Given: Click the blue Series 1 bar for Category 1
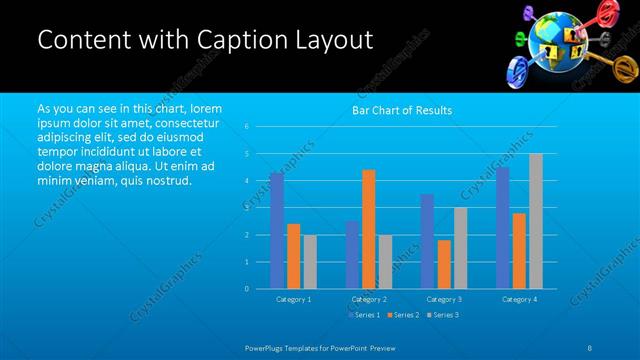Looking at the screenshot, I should [x=276, y=230].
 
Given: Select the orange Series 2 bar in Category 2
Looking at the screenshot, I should [x=368, y=229].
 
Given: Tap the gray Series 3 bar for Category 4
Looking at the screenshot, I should [x=536, y=221].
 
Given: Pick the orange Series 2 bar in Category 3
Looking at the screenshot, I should [x=443, y=264].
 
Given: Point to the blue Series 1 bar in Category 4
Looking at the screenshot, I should [x=502, y=227].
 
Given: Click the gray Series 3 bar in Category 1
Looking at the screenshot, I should [x=309, y=261].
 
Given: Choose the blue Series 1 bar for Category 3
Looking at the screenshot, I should [x=427, y=241].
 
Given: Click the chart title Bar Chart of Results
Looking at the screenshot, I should [x=402, y=110].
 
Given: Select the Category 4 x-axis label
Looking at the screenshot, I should [x=518, y=299].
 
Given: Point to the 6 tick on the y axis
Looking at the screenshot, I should [x=247, y=127].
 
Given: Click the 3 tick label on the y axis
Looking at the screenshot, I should [x=247, y=208].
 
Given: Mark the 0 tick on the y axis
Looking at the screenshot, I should [x=247, y=289].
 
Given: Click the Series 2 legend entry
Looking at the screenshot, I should [x=404, y=315].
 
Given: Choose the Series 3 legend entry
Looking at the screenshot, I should [x=443, y=315].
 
